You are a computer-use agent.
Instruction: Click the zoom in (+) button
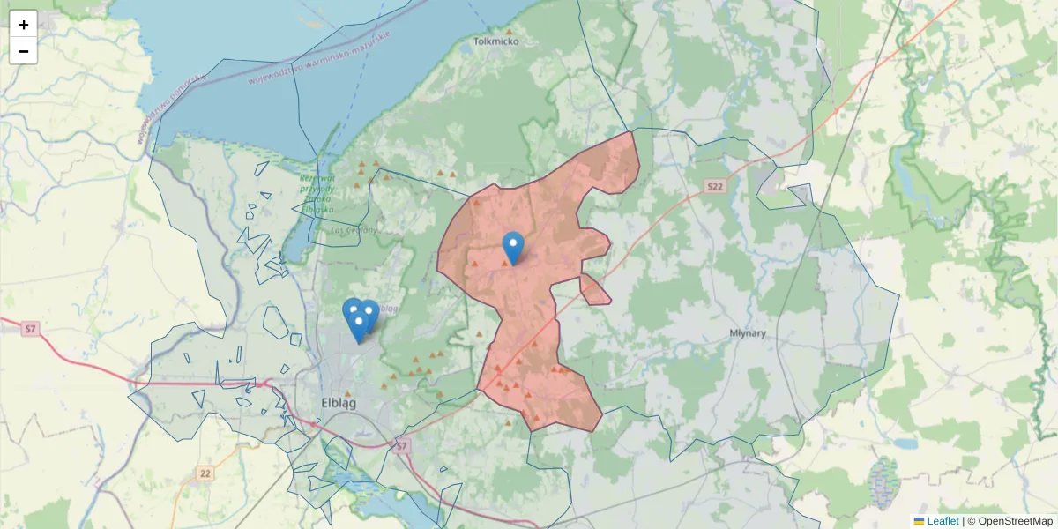click(24, 25)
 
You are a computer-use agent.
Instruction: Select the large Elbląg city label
click(339, 404)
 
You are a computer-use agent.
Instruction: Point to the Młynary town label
click(748, 333)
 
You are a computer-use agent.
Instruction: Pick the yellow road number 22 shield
click(205, 473)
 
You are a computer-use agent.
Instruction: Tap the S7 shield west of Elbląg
click(31, 329)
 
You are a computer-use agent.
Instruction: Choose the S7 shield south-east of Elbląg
click(402, 447)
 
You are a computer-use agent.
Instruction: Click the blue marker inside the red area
click(512, 245)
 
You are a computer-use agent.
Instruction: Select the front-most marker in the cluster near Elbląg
click(358, 326)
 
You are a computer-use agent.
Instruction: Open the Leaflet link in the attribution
click(943, 521)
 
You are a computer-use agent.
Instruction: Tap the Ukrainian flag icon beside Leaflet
click(919, 521)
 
